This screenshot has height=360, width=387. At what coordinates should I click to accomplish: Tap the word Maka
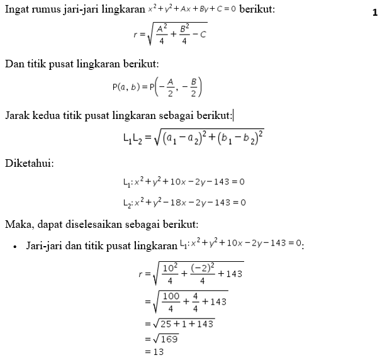tap(17, 224)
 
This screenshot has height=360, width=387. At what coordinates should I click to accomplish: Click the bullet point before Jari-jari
tap(14, 246)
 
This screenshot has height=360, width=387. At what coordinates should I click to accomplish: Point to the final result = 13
tap(154, 352)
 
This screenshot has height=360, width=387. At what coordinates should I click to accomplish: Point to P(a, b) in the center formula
tap(126, 87)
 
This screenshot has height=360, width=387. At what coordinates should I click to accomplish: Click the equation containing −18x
tap(184, 202)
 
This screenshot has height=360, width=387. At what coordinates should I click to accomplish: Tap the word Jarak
tap(18, 115)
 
